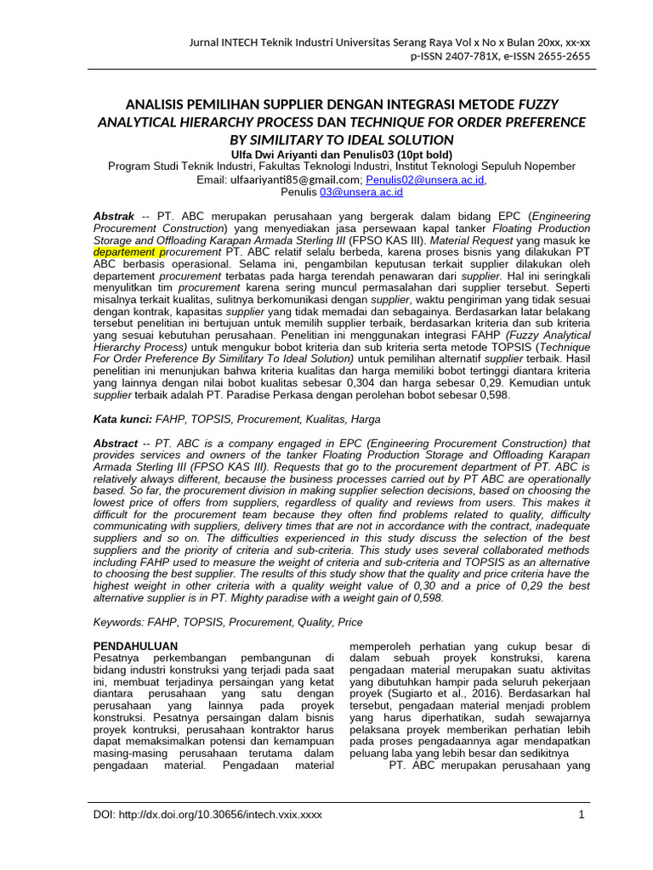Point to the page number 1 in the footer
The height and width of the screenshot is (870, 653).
pyautogui.click(x=582, y=815)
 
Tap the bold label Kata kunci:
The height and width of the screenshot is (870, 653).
pyautogui.click(x=122, y=419)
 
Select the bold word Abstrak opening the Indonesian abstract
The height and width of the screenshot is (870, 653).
pyautogui.click(x=113, y=217)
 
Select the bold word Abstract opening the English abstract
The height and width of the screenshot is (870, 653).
pyautogui.click(x=115, y=443)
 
